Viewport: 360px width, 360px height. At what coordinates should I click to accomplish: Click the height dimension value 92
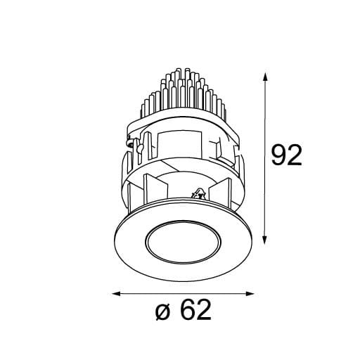point(287,155)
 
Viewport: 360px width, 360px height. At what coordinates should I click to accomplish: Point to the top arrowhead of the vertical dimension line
point(264,74)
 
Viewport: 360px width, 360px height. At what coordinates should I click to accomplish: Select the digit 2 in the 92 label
point(295,155)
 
